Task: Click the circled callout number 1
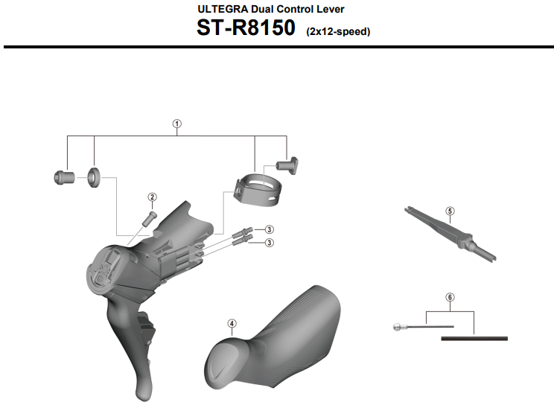pyautogui.click(x=177, y=124)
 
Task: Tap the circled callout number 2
pyautogui.click(x=153, y=197)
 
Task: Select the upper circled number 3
pyautogui.click(x=270, y=229)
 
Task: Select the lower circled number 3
pyautogui.click(x=270, y=243)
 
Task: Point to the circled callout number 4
pyautogui.click(x=232, y=324)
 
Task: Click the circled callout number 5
pyautogui.click(x=450, y=211)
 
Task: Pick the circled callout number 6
pyautogui.click(x=450, y=297)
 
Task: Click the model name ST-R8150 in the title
pyautogui.click(x=246, y=28)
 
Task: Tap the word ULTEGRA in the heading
pyautogui.click(x=223, y=9)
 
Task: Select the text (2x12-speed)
pyautogui.click(x=338, y=31)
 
